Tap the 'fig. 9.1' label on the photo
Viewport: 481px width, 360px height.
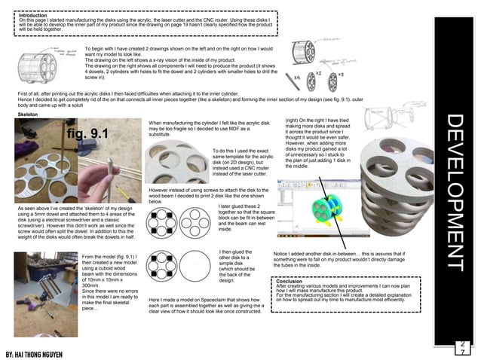click(88, 135)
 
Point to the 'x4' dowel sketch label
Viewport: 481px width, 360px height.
click(297, 78)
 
